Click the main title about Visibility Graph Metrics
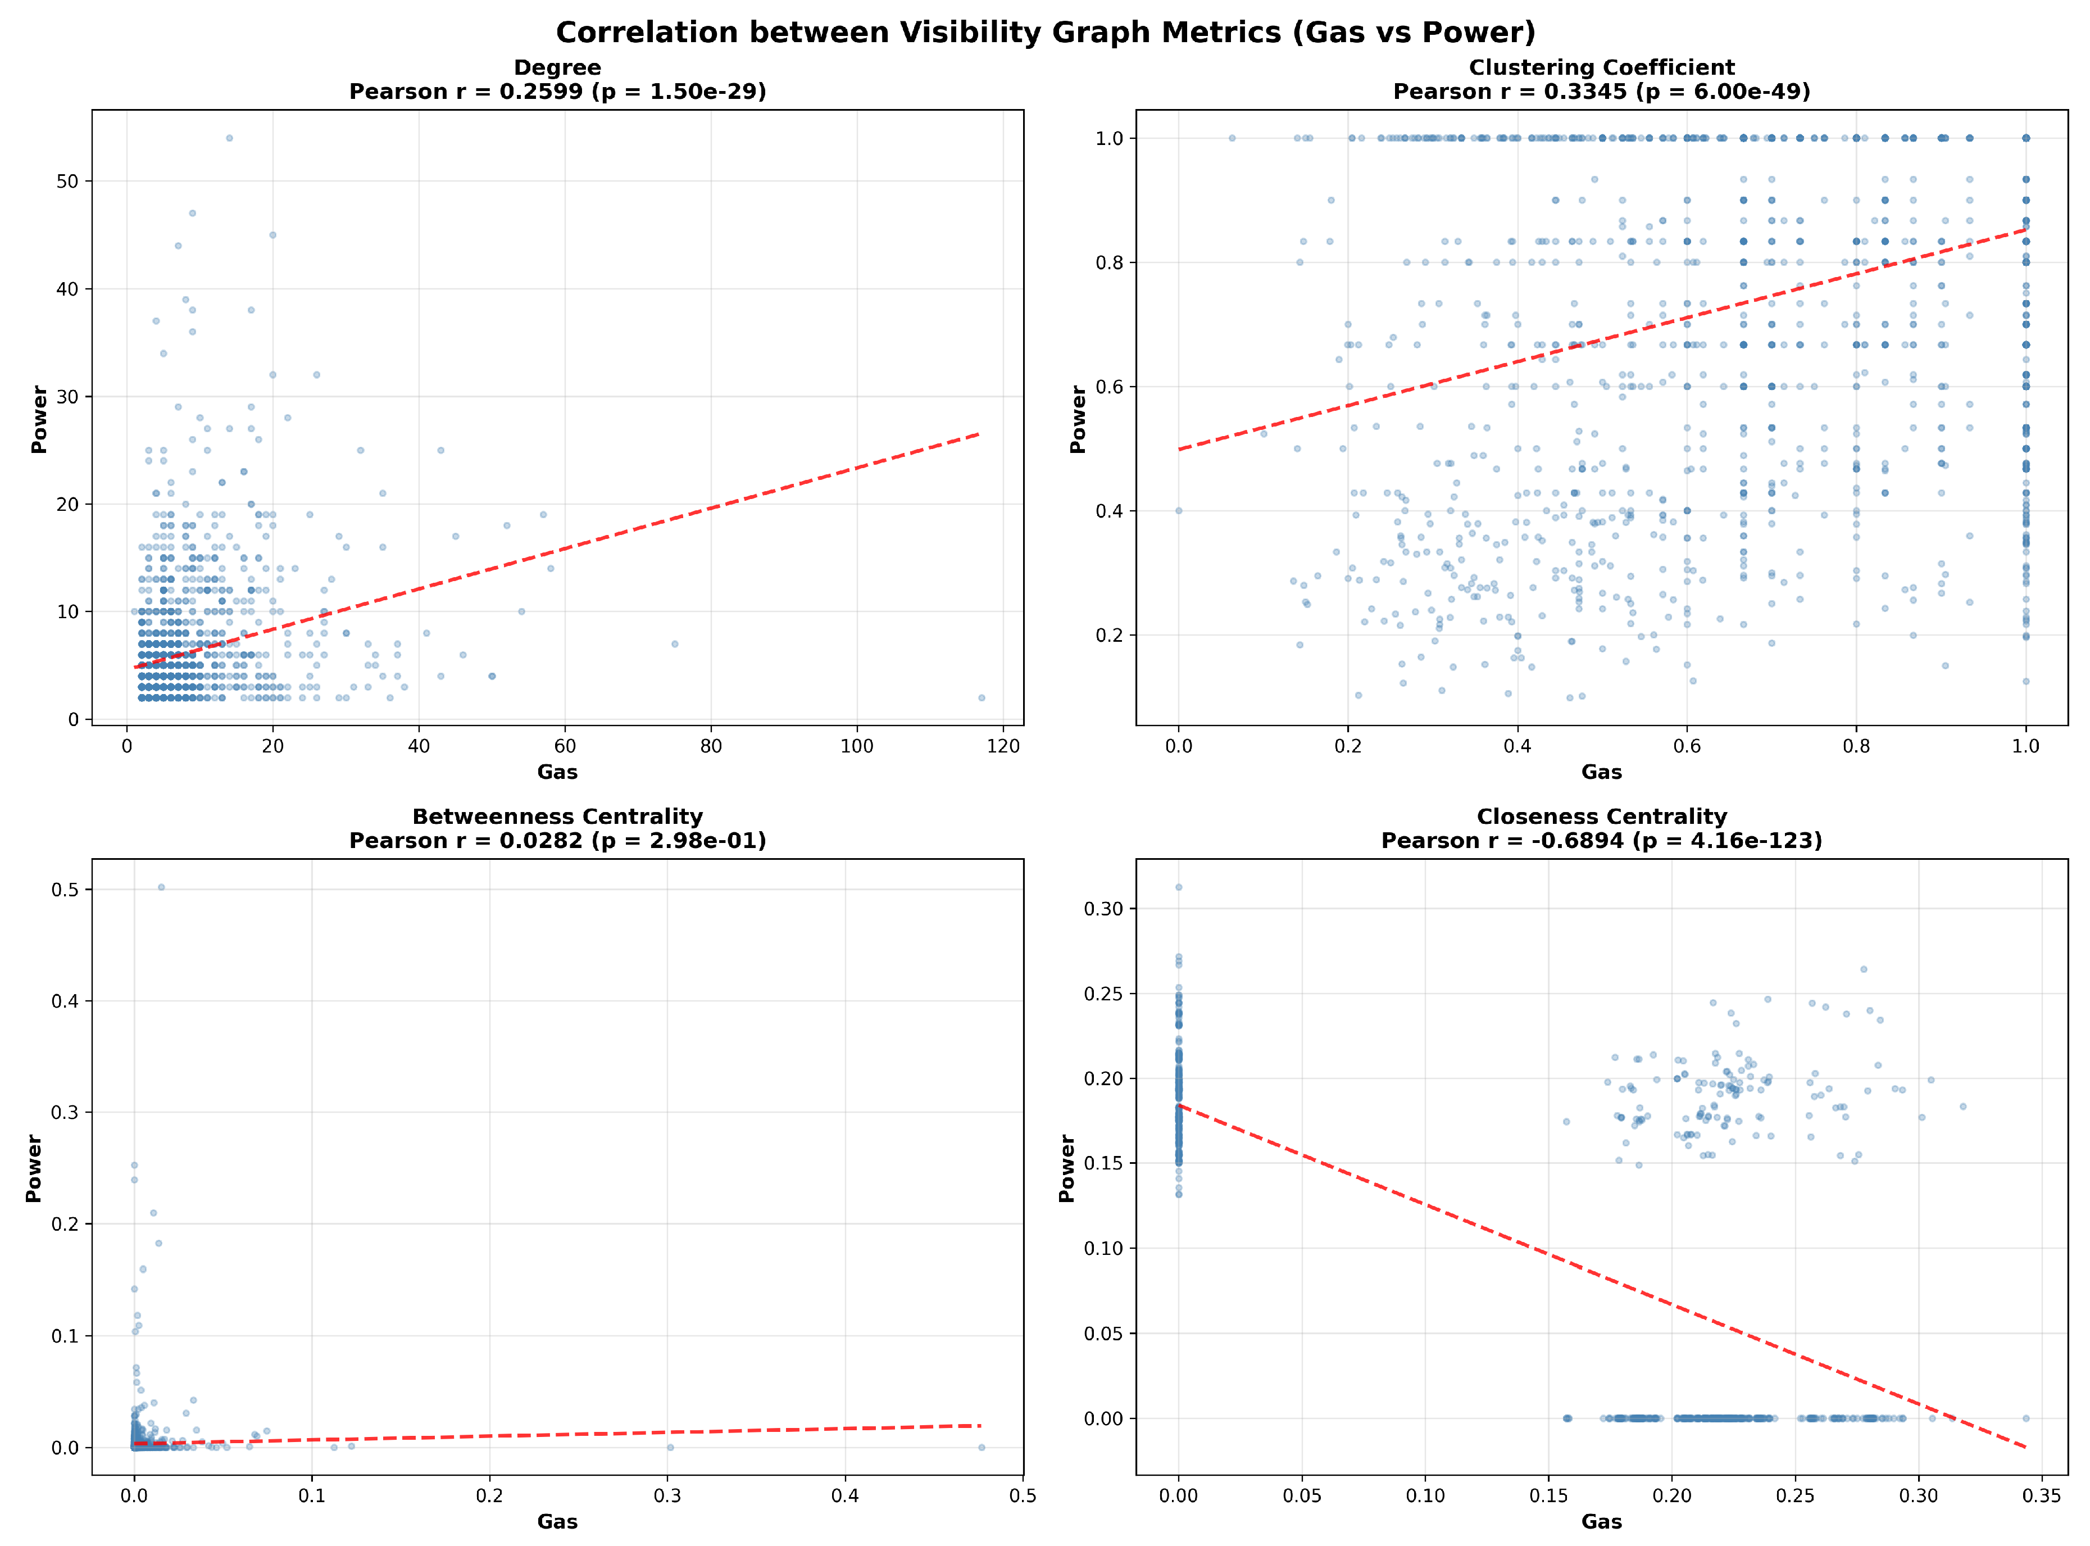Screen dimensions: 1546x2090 tap(1045, 33)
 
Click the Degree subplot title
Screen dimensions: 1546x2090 tap(557, 67)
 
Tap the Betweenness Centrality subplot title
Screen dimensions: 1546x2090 tap(557, 816)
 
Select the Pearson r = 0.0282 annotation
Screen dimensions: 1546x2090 tap(557, 840)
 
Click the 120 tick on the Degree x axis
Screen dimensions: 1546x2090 tap(1003, 746)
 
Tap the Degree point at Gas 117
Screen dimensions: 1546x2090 tap(982, 697)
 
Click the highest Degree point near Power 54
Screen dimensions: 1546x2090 tap(229, 138)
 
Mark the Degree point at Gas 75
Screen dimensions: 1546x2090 tap(675, 644)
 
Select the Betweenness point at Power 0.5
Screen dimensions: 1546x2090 tap(161, 887)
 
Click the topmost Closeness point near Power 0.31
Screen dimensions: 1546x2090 tap(1179, 887)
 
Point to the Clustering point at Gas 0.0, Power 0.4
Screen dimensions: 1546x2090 tap(1179, 511)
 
